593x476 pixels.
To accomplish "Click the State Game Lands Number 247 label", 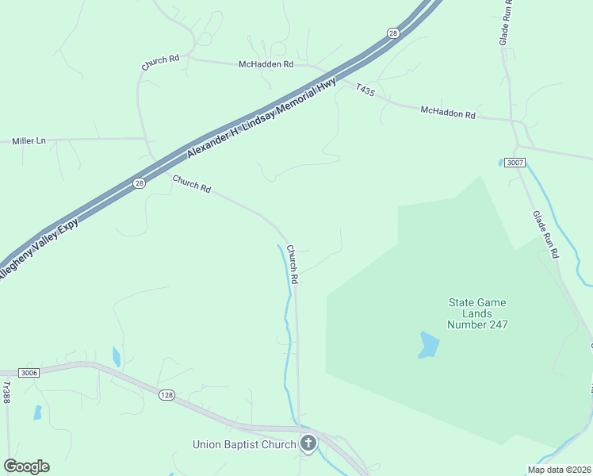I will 477,313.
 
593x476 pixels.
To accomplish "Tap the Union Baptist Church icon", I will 308,443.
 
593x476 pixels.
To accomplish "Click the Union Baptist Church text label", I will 244,444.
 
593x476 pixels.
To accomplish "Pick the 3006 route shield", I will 29,371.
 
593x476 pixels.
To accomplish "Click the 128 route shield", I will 166,394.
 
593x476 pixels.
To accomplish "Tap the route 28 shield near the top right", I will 392,33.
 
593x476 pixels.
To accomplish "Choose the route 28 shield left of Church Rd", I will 139,183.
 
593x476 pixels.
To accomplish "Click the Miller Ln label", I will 29,141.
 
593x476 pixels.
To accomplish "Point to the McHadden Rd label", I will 266,64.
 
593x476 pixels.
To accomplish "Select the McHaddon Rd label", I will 448,113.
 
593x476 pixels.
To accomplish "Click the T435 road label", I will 365,90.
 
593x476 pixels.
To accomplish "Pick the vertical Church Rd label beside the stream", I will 292,264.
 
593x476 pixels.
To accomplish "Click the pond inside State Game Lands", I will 428,345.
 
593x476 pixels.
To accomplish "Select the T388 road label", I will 6,392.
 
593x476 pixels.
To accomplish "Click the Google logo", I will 26,466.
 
